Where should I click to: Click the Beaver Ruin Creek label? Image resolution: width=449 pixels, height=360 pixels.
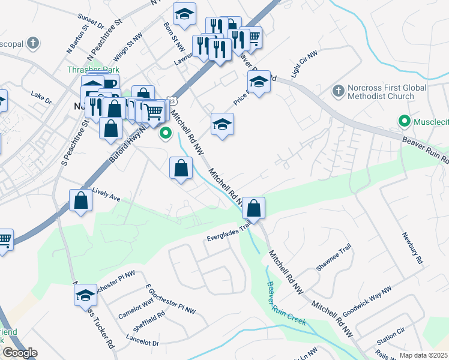tap(286, 304)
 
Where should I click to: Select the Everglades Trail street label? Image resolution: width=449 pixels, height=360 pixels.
tap(228, 231)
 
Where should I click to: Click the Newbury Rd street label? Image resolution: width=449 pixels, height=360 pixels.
tap(413, 248)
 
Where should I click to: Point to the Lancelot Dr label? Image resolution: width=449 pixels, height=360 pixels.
tap(143, 343)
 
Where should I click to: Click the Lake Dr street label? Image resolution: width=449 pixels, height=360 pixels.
tap(41, 95)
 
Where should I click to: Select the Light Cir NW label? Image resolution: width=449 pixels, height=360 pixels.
tap(303, 70)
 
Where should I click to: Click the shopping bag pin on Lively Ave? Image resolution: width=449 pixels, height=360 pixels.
tap(80, 201)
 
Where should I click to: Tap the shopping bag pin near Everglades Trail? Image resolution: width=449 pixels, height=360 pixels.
tap(254, 209)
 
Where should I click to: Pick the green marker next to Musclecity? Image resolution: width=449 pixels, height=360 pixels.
tap(405, 122)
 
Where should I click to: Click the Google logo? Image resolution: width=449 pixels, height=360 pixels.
tap(20, 353)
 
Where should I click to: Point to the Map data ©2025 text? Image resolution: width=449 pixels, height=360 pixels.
tap(423, 355)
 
